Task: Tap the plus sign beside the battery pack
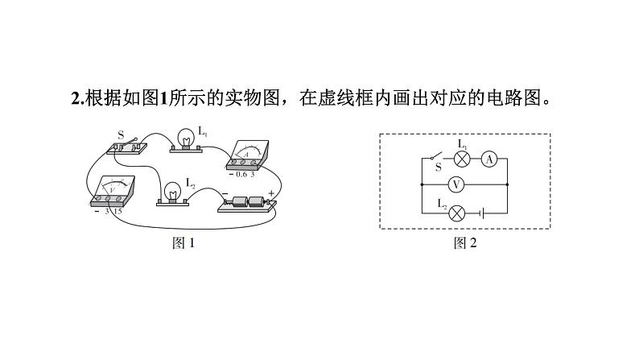(x=271, y=193)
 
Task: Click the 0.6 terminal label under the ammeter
(x=241, y=174)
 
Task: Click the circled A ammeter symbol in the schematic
(x=489, y=159)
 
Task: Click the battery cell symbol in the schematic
(x=480, y=213)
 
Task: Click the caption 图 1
(x=183, y=243)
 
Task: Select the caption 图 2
(x=465, y=243)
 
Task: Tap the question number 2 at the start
(x=75, y=99)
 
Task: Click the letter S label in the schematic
(x=439, y=168)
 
